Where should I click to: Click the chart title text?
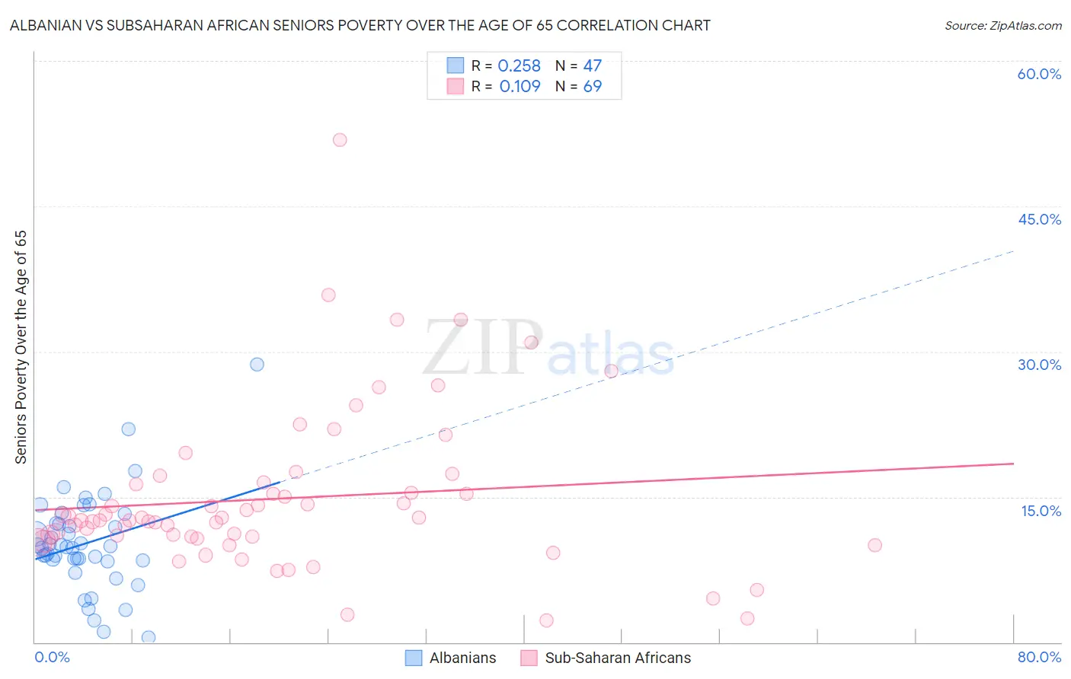point(360,25)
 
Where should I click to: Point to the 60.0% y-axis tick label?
point(1039,74)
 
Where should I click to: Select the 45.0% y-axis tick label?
point(1039,219)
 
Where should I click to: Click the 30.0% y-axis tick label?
point(1039,365)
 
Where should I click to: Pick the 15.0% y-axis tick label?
point(1041,511)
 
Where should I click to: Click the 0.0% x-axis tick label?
point(52,657)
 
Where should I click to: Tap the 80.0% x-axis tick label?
point(1039,657)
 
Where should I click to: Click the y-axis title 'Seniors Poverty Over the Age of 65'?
point(21,346)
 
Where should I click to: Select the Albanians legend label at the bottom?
point(462,658)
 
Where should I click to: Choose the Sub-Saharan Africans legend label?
point(618,658)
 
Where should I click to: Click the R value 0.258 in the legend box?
point(519,66)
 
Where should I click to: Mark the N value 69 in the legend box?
point(592,87)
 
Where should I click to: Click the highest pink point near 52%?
point(340,140)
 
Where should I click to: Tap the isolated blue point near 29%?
point(257,365)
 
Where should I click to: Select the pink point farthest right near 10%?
point(874,545)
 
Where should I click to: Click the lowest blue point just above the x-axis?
point(149,637)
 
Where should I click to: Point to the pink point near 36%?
point(328,295)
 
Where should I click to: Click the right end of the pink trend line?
point(1013,463)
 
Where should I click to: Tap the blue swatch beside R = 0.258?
point(456,65)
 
